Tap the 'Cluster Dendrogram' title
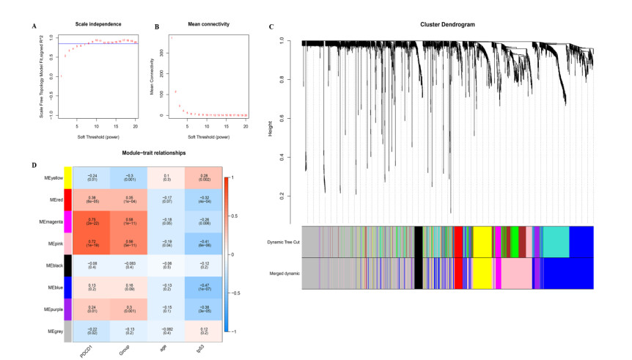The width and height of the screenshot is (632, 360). tap(447, 25)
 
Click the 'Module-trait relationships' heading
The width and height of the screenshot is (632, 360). tap(155, 155)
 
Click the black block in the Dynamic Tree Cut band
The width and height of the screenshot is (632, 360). tap(418, 241)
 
